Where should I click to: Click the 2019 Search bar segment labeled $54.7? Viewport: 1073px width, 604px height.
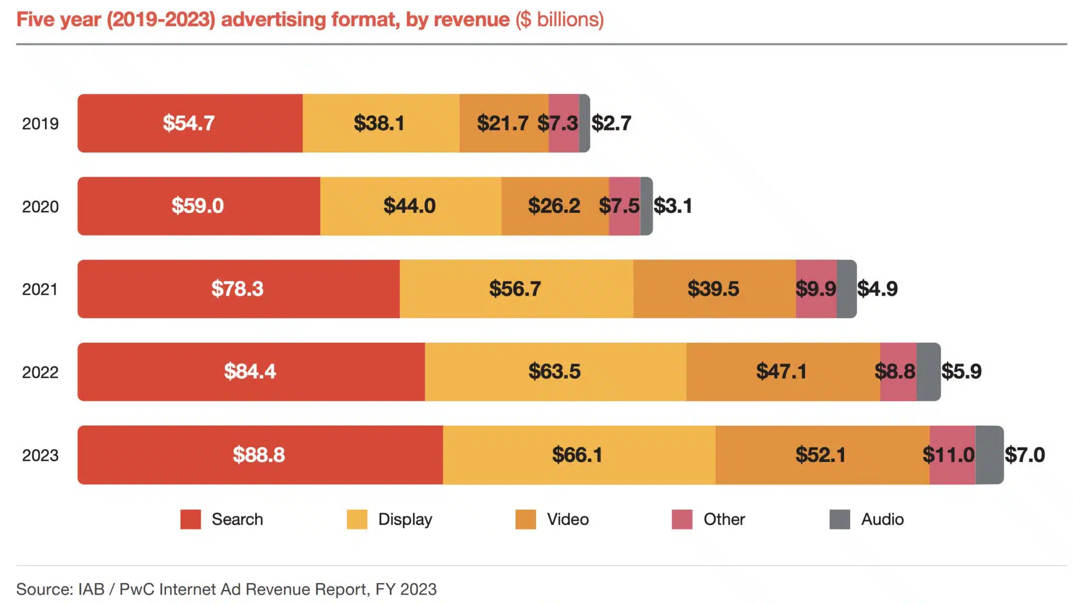click(189, 123)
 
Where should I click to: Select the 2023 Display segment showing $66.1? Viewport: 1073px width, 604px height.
click(577, 455)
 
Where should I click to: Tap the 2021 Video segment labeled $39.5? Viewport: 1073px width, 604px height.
click(713, 289)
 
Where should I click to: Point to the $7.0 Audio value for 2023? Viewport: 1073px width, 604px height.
click(1024, 455)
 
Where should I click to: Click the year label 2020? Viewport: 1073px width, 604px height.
click(40, 207)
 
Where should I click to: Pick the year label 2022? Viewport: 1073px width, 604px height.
click(40, 372)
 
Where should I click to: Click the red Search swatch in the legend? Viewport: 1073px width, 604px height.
click(191, 519)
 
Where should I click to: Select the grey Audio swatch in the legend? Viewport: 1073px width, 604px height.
click(839, 519)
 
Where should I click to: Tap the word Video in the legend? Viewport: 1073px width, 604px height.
click(567, 519)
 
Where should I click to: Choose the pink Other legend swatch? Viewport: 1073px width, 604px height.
click(682, 519)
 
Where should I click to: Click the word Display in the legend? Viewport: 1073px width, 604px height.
click(405, 519)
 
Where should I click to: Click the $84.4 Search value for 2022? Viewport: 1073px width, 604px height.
click(250, 372)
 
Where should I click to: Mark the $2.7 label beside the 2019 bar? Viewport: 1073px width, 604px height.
click(611, 123)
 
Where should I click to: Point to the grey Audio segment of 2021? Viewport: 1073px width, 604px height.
click(847, 289)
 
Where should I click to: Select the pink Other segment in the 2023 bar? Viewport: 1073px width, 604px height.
click(952, 455)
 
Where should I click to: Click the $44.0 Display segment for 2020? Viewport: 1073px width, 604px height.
click(409, 206)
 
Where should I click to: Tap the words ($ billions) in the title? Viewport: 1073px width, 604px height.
click(560, 19)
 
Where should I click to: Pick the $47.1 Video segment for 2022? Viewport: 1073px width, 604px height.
click(781, 372)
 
